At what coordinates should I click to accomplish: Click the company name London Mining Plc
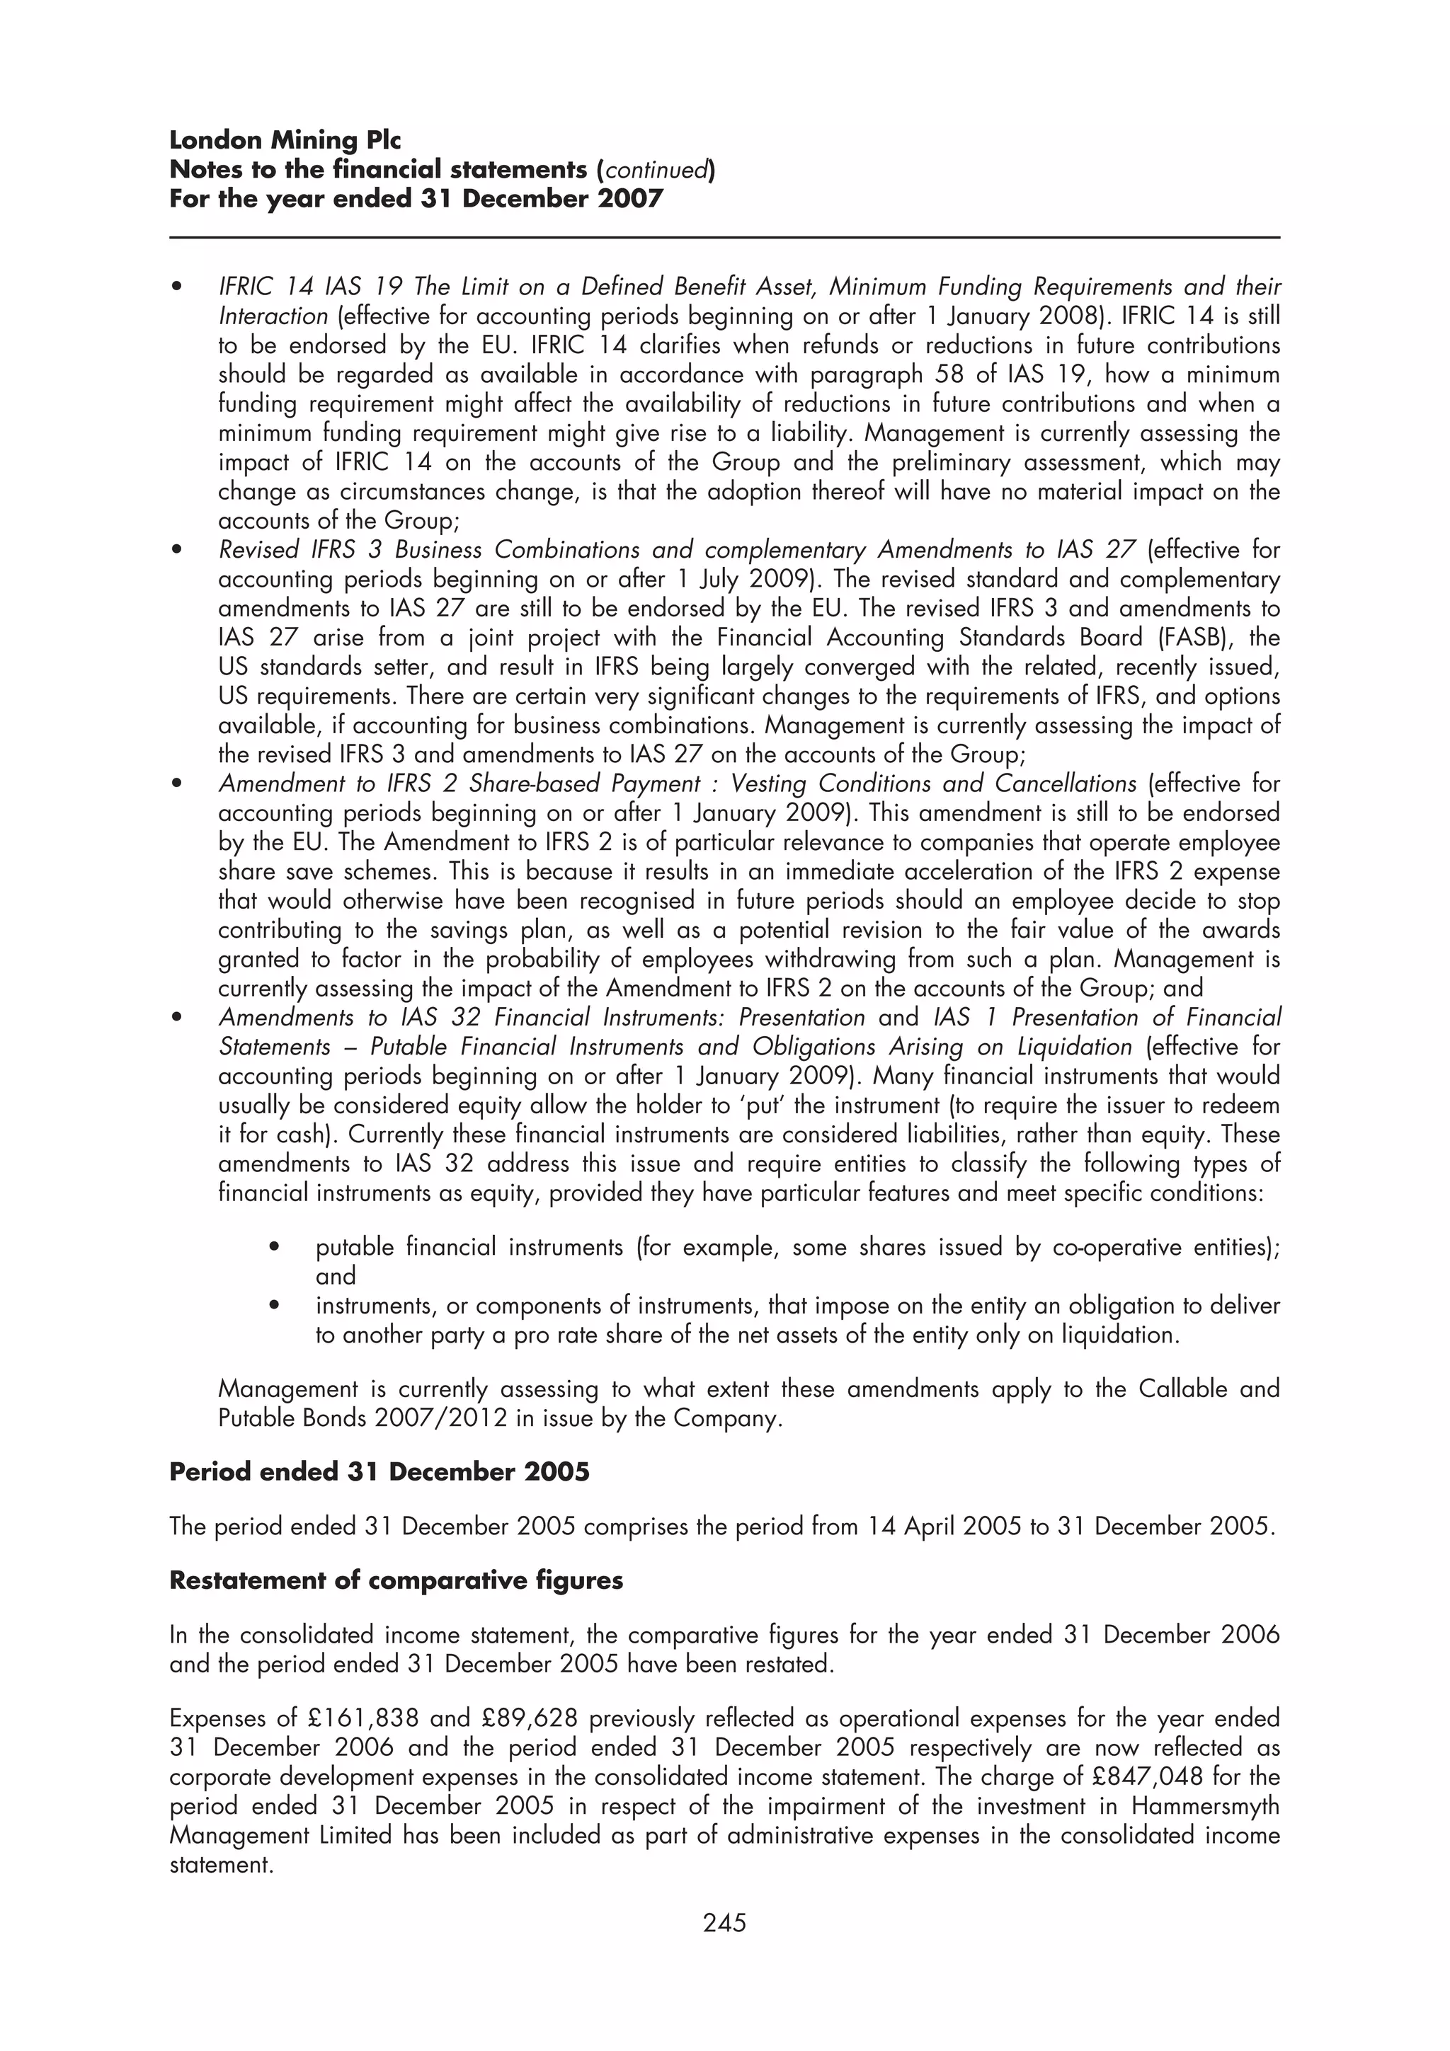click(x=285, y=140)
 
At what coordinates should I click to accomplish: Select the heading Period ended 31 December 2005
click(x=379, y=1471)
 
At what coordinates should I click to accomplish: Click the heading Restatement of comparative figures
click(x=396, y=1580)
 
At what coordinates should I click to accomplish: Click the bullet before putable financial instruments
click(x=274, y=1247)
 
